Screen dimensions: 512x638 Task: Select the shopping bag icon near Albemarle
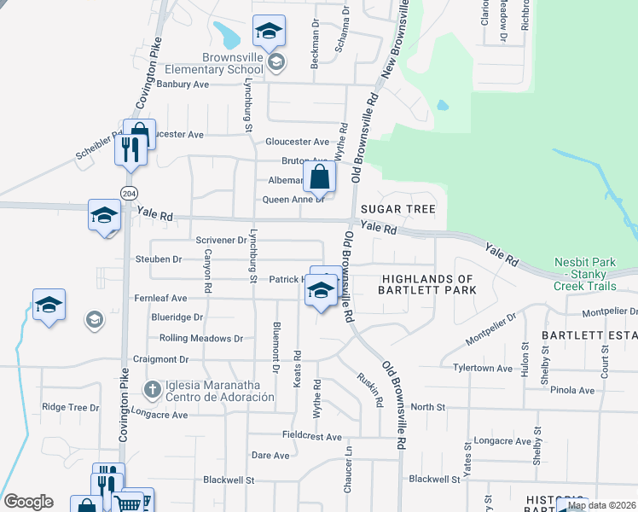point(320,177)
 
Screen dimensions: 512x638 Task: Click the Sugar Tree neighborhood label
point(397,209)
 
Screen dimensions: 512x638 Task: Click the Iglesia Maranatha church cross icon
point(153,390)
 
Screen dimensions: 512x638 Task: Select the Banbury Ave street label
point(183,84)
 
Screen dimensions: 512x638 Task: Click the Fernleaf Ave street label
point(160,299)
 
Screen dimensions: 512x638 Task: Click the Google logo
point(28,502)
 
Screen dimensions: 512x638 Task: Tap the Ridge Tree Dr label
point(71,408)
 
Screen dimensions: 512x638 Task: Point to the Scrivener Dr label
point(221,241)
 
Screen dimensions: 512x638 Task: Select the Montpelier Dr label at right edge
point(609,311)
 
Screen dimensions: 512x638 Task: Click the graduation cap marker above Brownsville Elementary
point(268,32)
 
